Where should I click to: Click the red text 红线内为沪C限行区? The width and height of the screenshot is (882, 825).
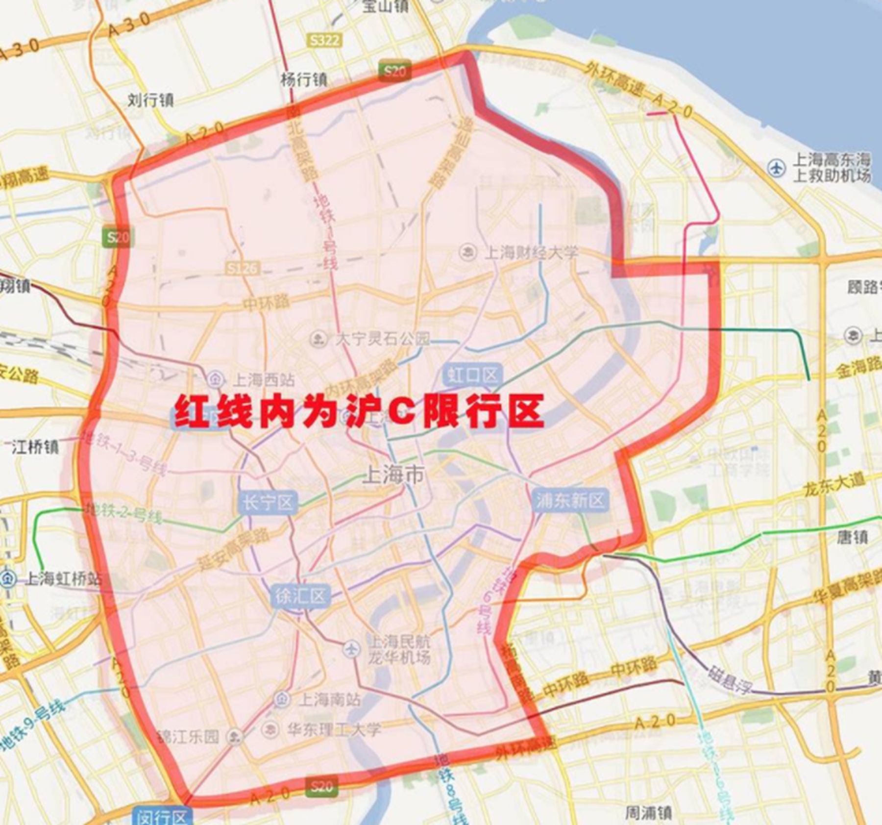pyautogui.click(x=359, y=411)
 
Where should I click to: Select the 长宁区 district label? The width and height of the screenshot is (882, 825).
pyautogui.click(x=268, y=503)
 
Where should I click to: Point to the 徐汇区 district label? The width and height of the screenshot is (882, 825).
pyautogui.click(x=300, y=597)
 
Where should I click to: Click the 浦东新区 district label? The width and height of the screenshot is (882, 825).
pyautogui.click(x=570, y=500)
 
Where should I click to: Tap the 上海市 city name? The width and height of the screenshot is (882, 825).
pyautogui.click(x=393, y=475)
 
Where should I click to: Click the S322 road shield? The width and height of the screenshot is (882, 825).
pyautogui.click(x=324, y=40)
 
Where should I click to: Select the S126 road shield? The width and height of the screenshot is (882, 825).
pyautogui.click(x=243, y=269)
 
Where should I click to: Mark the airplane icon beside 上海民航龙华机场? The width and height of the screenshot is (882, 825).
pyautogui.click(x=351, y=649)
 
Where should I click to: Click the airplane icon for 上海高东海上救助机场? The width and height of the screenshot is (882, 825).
pyautogui.click(x=776, y=168)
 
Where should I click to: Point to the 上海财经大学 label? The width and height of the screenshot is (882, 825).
pyautogui.click(x=531, y=253)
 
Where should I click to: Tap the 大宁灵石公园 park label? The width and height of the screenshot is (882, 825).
pyautogui.click(x=382, y=339)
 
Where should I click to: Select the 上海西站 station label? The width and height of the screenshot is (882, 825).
pyautogui.click(x=264, y=379)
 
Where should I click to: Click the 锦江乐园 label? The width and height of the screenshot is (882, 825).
pyautogui.click(x=189, y=736)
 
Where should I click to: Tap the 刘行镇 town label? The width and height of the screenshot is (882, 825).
pyautogui.click(x=150, y=100)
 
